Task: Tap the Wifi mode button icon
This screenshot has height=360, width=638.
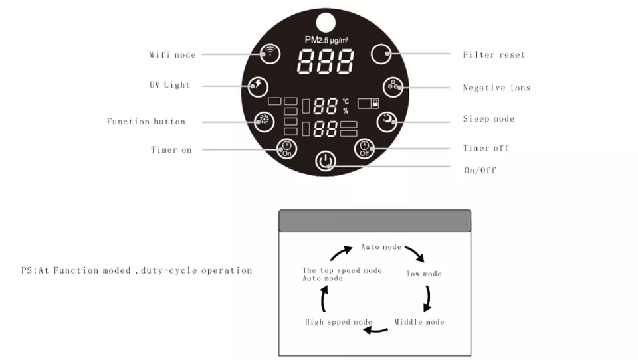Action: coord(270,53)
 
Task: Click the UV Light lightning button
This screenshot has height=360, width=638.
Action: coord(258,86)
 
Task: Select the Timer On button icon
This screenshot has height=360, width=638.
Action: coord(286,149)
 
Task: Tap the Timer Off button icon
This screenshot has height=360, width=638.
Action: coord(364,149)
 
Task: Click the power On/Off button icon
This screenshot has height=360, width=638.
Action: coord(326,161)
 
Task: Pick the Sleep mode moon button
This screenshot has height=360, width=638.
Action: coord(387,122)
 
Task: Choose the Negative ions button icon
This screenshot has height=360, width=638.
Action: coord(393,87)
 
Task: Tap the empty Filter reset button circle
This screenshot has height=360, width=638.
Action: coord(381,54)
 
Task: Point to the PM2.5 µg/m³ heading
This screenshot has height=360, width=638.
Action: coord(326,40)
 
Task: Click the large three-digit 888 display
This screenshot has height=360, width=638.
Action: coord(326,62)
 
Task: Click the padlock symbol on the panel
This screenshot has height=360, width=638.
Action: coord(375,103)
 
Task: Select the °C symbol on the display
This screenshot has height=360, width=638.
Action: coord(346,101)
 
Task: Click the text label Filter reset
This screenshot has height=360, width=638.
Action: coord(494,54)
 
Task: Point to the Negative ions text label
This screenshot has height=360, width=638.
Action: coord(497,88)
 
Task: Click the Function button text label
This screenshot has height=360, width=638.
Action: coord(146,122)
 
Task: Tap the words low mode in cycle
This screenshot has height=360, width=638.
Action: coord(424,274)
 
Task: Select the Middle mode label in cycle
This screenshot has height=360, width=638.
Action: coord(419,321)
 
